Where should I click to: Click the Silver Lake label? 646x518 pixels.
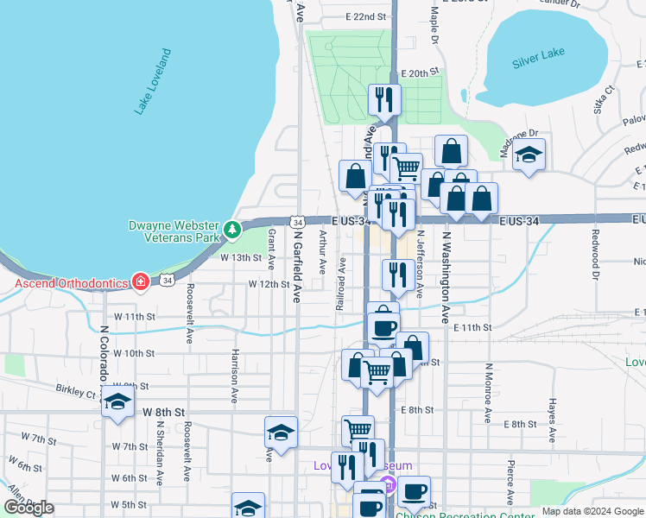coord(538,54)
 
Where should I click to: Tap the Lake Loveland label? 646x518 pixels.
coord(153,83)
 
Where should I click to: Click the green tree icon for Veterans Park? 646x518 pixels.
coord(231,230)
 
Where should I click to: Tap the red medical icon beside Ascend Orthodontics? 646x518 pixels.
coord(140,282)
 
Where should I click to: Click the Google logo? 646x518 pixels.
coord(28,508)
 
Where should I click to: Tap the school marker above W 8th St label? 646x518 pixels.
coord(116,402)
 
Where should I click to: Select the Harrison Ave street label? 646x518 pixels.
coord(234,376)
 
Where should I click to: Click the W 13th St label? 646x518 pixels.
coord(240,257)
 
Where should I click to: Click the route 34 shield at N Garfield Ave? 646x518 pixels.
coord(297,223)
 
